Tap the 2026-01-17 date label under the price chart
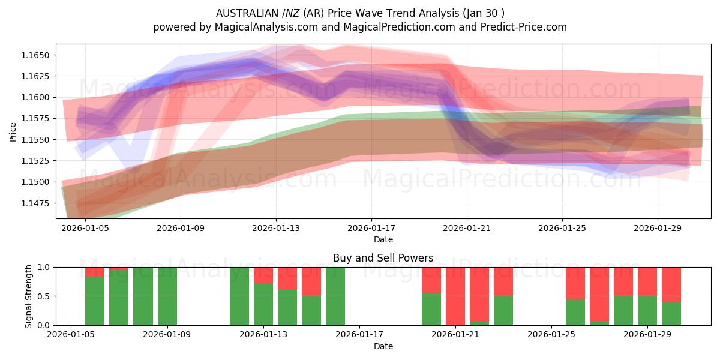(371, 228)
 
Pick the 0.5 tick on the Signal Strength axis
(46, 296)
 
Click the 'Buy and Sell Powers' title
(383, 258)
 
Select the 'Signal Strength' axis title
(28, 296)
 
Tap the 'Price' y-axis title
(13, 131)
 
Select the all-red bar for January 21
(455, 296)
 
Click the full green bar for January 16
(335, 296)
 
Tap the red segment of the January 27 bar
(599, 294)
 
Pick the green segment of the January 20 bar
(431, 309)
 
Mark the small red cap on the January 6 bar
(95, 272)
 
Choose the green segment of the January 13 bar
(263, 304)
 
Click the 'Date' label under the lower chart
(383, 346)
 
